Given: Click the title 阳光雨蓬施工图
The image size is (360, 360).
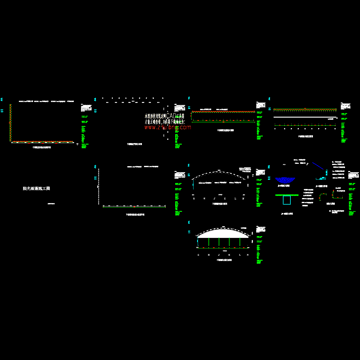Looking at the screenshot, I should click(36, 189).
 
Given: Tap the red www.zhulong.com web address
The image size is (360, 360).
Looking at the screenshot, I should click(167, 127).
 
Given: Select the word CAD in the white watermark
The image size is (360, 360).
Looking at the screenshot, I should click(171, 116).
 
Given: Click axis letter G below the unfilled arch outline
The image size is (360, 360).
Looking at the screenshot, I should click(194, 199).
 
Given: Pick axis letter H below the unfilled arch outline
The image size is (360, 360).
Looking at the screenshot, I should click(204, 199).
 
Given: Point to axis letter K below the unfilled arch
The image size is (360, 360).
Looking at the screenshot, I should click(225, 199).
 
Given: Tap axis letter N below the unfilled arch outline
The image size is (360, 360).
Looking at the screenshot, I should click(243, 199).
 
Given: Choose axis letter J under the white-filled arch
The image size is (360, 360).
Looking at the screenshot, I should click(219, 255).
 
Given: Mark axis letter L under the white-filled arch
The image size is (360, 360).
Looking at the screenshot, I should click(240, 255).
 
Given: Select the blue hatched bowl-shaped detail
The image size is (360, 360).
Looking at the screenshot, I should click(284, 180).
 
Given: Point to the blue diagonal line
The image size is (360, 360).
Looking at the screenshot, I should click(318, 166).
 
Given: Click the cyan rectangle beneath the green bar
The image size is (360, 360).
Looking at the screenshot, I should click(287, 200).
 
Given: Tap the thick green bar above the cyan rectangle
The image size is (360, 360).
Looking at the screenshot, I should click(286, 195).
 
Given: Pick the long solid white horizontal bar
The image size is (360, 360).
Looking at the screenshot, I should click(304, 117).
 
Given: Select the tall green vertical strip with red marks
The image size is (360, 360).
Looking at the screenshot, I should click(10, 123).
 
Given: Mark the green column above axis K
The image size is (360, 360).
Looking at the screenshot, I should click(229, 242).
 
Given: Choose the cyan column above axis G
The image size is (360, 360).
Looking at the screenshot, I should click(198, 242).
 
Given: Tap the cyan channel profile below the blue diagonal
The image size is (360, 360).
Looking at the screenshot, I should click(322, 178).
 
